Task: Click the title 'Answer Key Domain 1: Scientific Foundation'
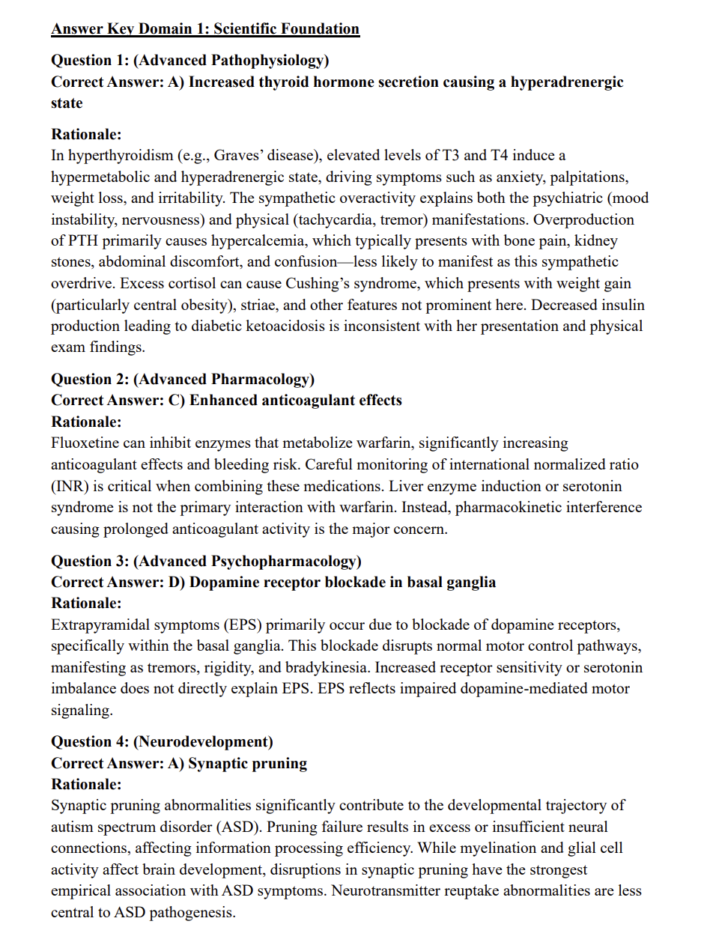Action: (205, 29)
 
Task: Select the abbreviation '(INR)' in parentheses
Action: (71, 486)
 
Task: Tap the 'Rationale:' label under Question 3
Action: (86, 603)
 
